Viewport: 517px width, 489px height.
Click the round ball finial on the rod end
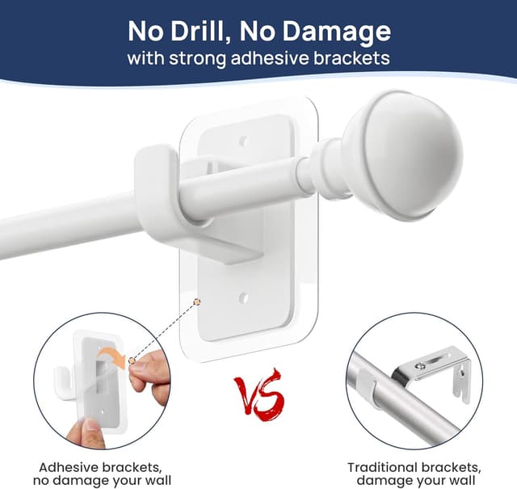pyautogui.click(x=402, y=154)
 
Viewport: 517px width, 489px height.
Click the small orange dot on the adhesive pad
pyautogui.click(x=196, y=301)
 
